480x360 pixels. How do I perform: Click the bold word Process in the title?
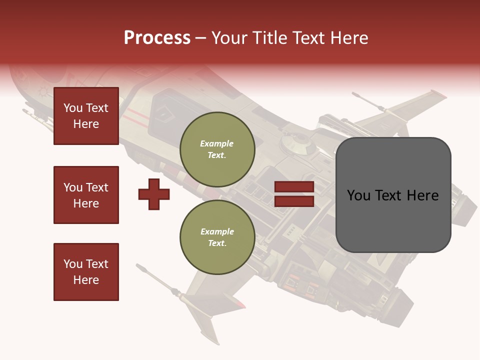(157, 38)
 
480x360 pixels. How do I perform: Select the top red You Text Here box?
(86, 116)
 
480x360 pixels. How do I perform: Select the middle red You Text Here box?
(86, 195)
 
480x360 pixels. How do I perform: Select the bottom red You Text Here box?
(86, 272)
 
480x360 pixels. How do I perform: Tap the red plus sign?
(154, 194)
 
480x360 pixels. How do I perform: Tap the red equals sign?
(294, 194)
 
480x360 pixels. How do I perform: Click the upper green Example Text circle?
(217, 149)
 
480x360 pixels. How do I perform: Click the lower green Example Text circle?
(217, 237)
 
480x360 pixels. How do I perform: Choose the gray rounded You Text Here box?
(393, 195)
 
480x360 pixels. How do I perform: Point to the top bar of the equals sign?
(294, 187)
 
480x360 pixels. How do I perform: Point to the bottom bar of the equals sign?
(294, 201)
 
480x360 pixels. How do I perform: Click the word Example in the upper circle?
(217, 143)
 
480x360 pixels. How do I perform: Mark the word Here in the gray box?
(421, 195)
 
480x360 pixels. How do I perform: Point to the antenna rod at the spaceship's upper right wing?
(368, 101)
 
